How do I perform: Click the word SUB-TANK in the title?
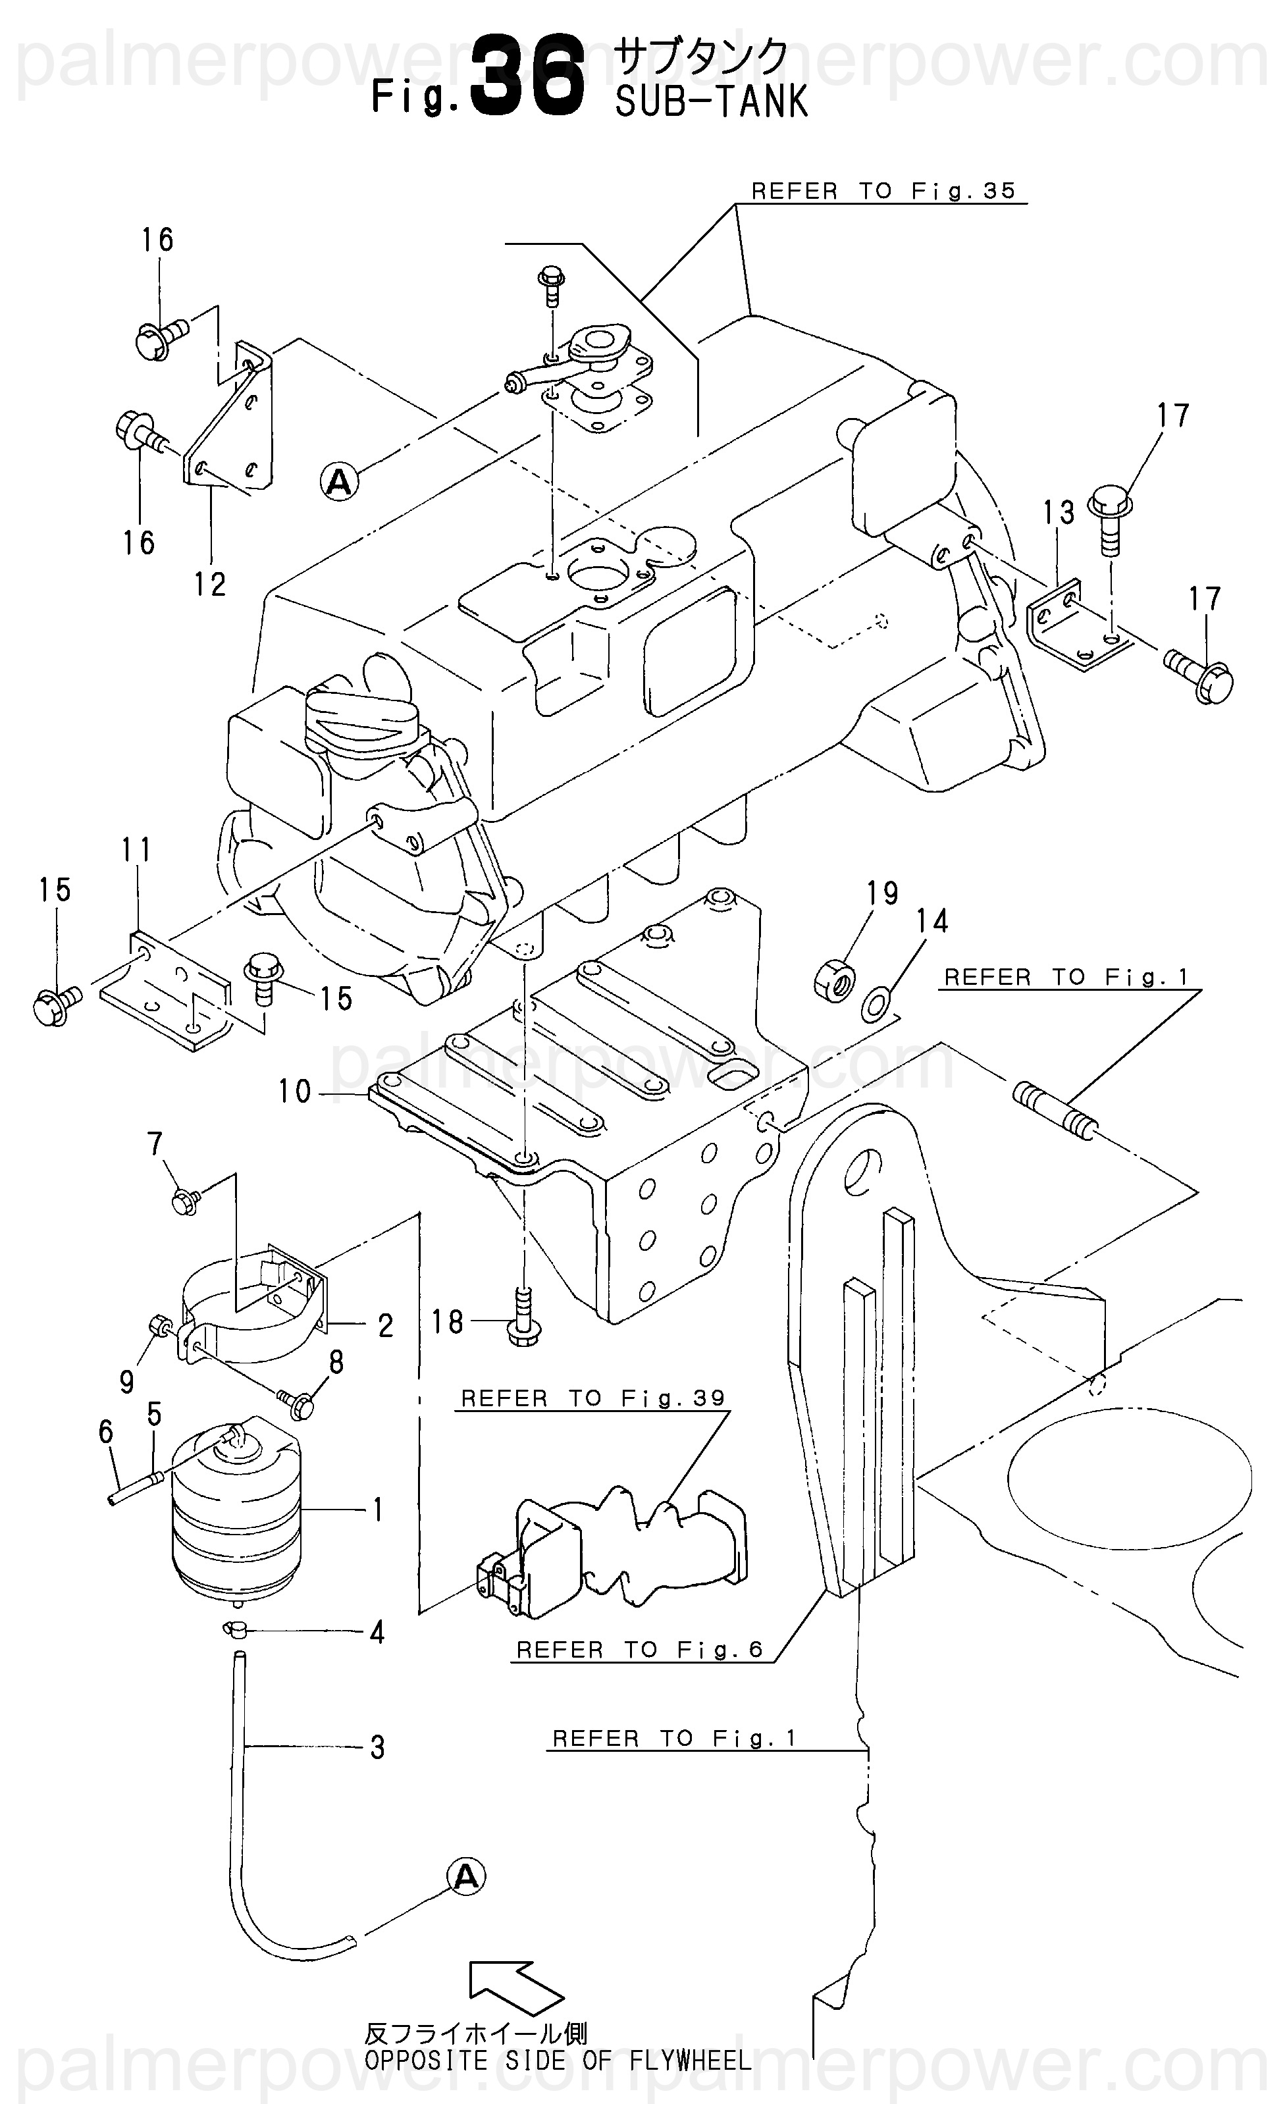(711, 101)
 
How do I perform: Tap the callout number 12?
(210, 584)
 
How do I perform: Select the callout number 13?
(1058, 513)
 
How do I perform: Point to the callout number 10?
(294, 1092)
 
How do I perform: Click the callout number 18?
(446, 1323)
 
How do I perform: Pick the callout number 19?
(883, 893)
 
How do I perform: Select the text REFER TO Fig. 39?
(592, 1399)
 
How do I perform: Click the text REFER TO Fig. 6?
(639, 1650)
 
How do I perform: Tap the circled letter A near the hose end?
(466, 1878)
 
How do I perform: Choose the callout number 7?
(155, 1144)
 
